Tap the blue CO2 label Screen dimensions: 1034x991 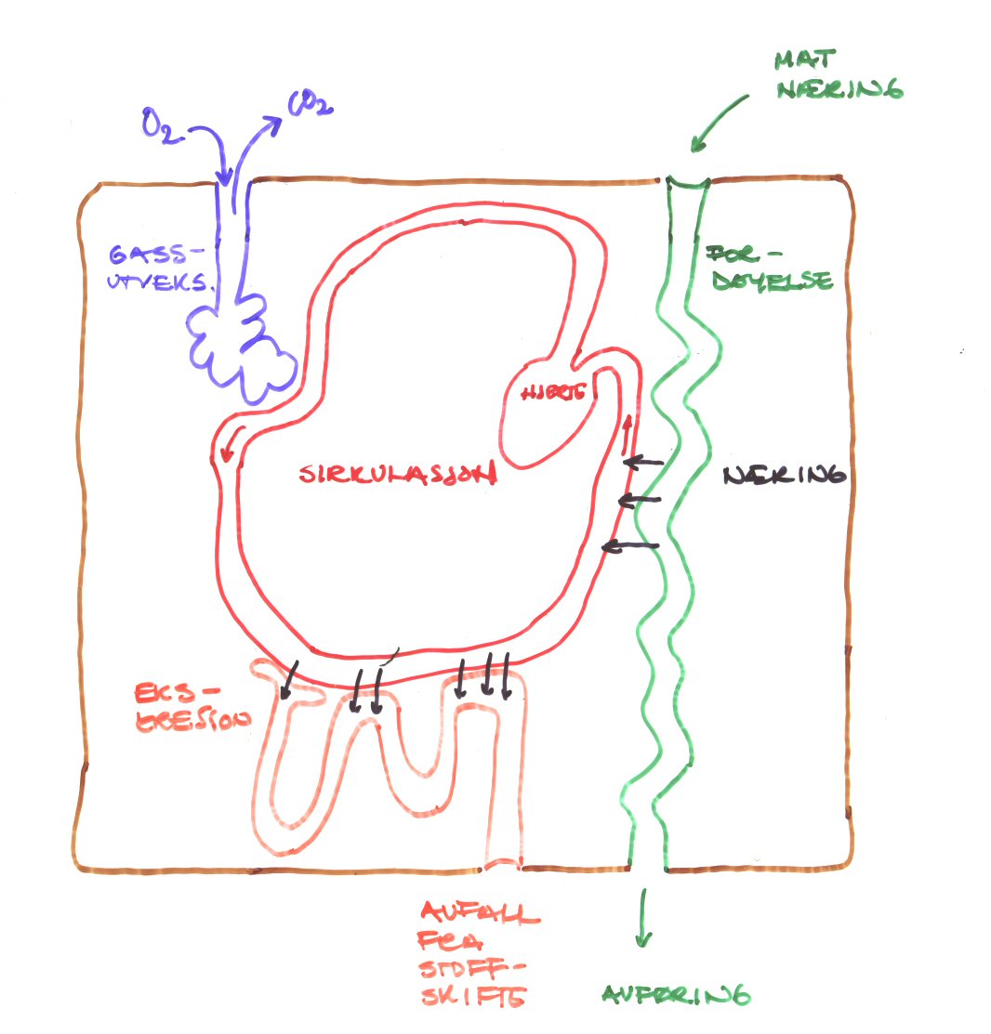310,105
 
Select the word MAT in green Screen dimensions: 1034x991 799,62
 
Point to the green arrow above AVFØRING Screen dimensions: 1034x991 641,919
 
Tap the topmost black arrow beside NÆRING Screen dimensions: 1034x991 643,462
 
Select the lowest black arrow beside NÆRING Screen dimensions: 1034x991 631,546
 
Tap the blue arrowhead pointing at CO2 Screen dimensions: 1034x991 275,122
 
